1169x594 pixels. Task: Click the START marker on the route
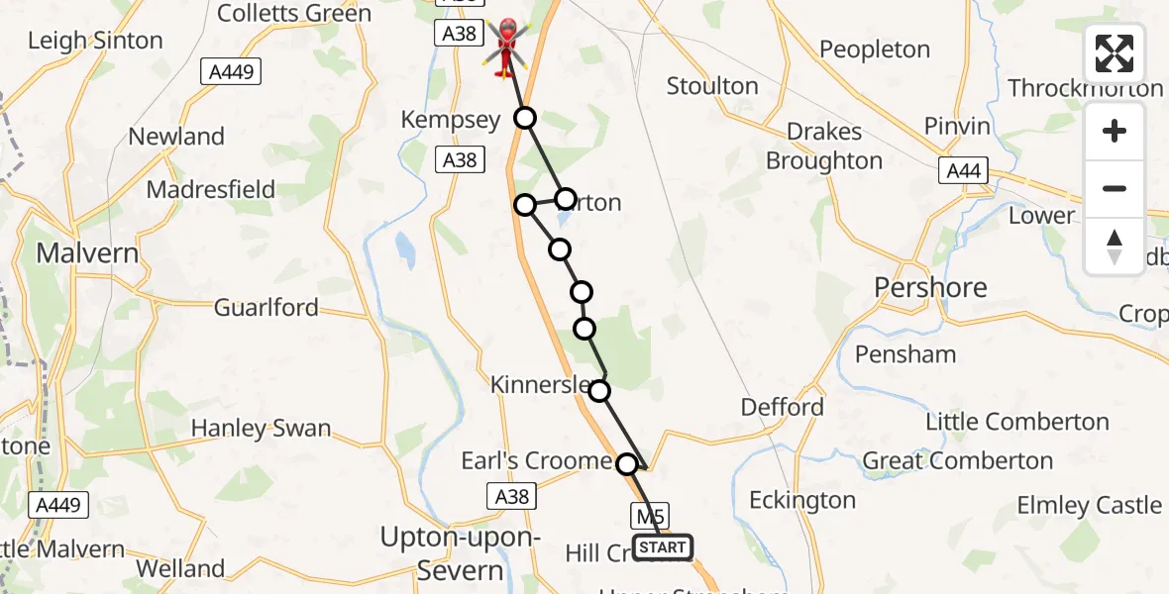(662, 547)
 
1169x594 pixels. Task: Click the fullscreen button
(1115, 53)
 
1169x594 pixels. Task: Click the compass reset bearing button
(1115, 247)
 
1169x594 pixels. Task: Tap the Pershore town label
(930, 288)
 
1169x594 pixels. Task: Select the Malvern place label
(87, 253)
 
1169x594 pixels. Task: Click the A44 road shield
(963, 171)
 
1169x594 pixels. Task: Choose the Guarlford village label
(266, 308)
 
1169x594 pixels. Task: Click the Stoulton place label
(712, 86)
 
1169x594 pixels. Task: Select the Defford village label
(783, 407)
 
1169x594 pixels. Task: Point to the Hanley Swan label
(261, 429)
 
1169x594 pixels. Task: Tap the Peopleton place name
(875, 49)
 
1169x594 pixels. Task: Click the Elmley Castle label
(1089, 505)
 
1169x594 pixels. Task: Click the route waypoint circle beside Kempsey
(525, 119)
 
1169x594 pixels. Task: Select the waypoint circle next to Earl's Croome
(627, 463)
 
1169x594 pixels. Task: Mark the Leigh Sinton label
(95, 41)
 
